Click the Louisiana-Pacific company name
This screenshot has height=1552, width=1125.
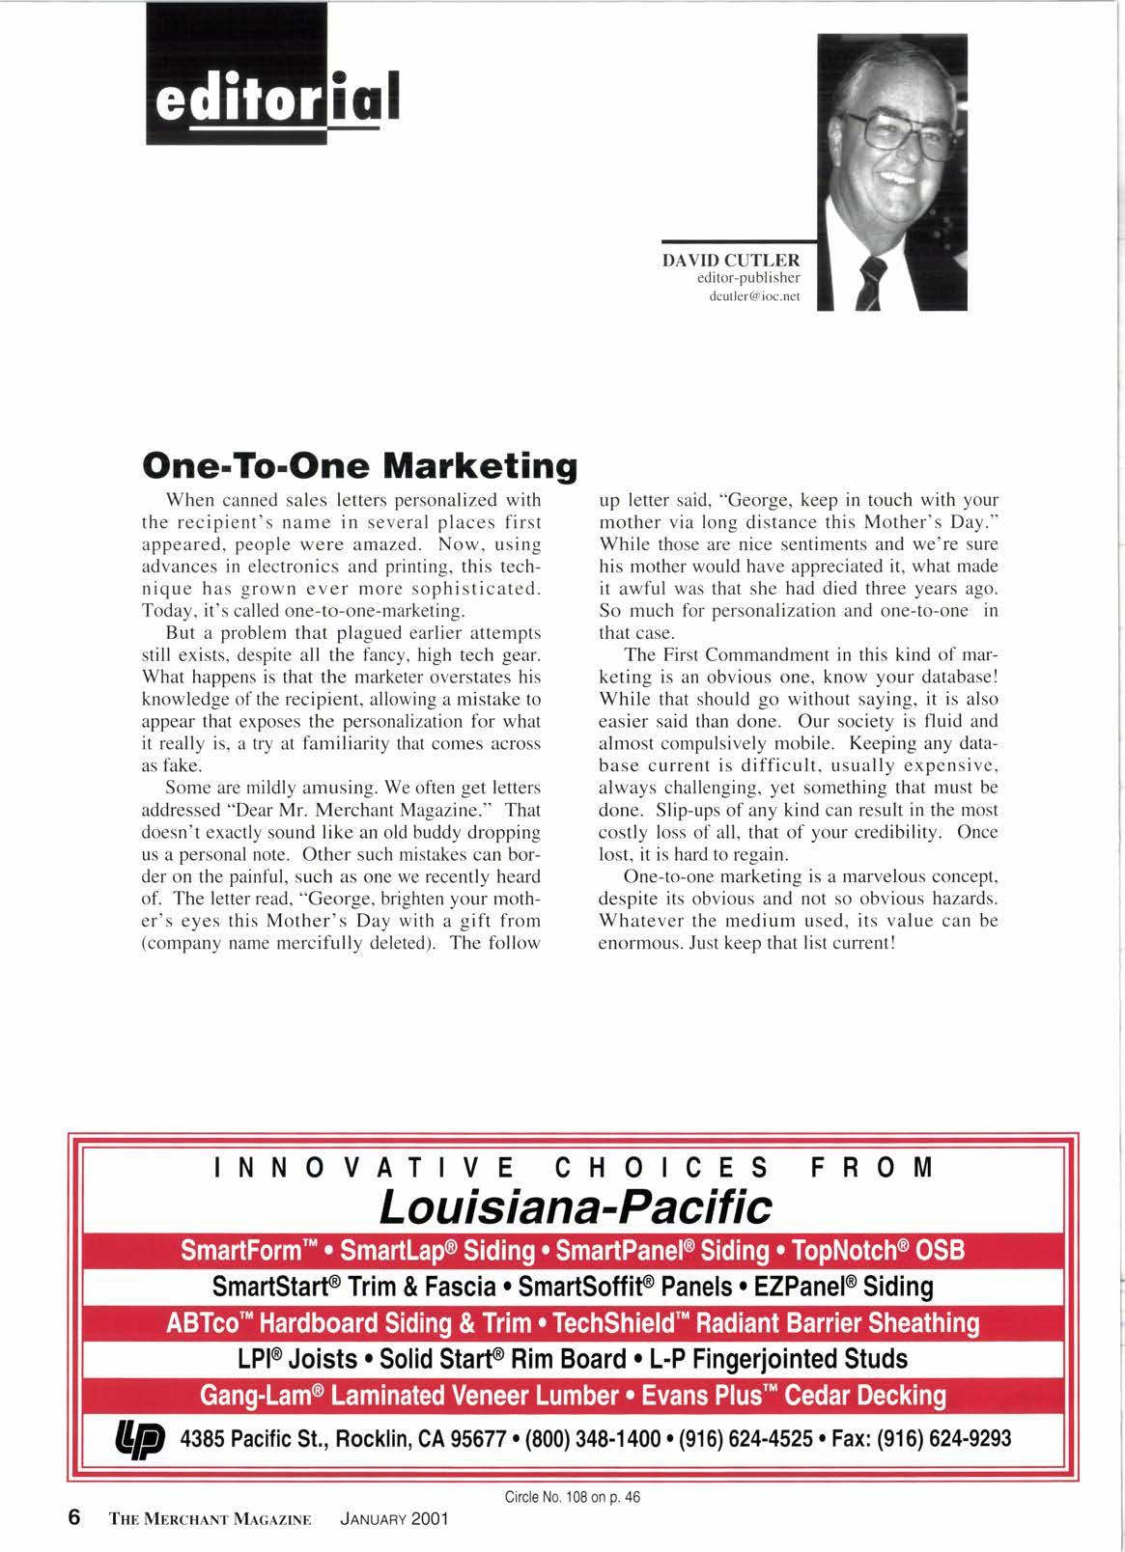[x=577, y=1205]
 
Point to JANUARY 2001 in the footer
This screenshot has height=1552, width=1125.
[x=395, y=1518]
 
